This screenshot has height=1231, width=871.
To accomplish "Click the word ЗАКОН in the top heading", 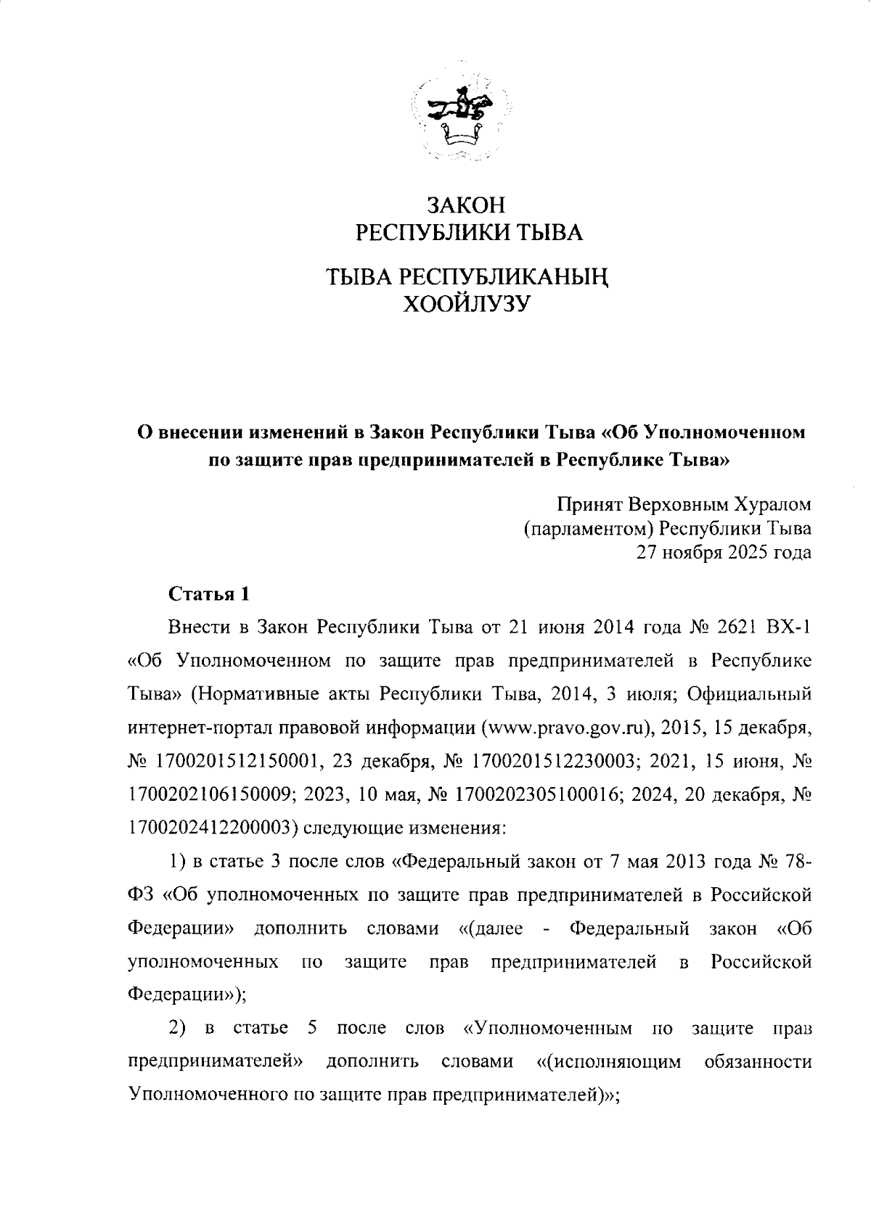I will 465,205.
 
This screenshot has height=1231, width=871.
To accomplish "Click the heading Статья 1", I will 209,594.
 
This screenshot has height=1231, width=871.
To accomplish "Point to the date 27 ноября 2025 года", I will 724,553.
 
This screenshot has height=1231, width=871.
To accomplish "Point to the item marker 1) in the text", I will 178,861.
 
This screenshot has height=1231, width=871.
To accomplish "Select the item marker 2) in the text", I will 178,1029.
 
